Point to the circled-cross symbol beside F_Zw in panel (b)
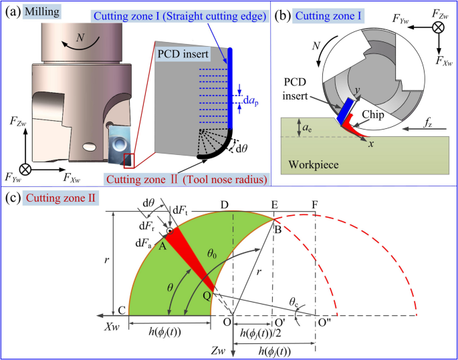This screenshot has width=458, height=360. [438, 27]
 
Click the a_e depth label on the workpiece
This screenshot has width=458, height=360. [304, 126]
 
